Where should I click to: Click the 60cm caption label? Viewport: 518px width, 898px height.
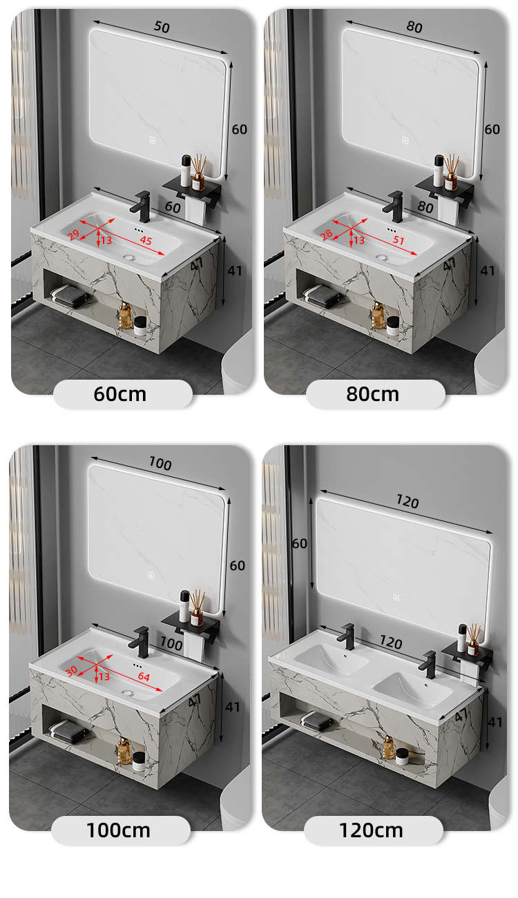click(119, 394)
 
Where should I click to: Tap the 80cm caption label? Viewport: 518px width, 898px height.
click(372, 394)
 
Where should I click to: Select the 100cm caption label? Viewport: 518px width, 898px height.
click(118, 830)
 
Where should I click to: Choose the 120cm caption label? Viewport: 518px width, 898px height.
click(371, 830)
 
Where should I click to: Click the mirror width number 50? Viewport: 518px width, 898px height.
click(162, 26)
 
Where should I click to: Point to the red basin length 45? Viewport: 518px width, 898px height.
click(146, 240)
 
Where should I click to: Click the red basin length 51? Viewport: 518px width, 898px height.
click(399, 240)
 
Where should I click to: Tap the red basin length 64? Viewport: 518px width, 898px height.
click(144, 676)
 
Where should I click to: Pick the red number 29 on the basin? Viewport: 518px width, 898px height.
click(73, 235)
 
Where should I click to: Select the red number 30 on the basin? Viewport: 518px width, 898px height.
click(71, 671)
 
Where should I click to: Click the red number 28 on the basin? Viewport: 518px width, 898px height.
click(326, 235)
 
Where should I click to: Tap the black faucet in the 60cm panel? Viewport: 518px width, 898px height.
click(142, 206)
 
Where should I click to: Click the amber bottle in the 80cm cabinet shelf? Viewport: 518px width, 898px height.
click(378, 316)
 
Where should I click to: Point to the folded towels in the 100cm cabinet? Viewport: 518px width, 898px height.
click(67, 731)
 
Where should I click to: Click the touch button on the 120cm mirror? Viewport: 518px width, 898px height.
click(396, 597)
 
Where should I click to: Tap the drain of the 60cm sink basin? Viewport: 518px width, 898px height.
click(130, 257)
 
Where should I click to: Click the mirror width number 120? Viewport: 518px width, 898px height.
click(407, 501)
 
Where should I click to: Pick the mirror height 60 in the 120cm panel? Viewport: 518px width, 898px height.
click(299, 543)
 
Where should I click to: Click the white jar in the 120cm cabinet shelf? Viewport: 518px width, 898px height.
click(402, 756)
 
